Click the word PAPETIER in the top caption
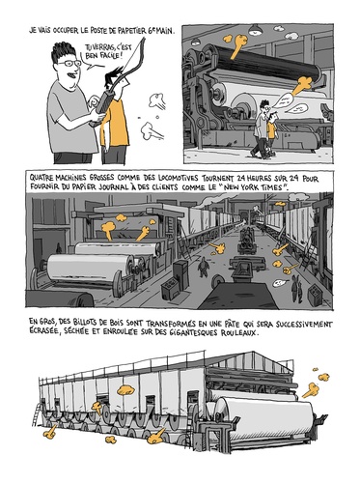127,31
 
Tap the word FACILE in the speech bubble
108,56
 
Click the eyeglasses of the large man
69,63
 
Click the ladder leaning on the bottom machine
38,414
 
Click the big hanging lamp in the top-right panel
256,30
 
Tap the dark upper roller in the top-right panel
267,64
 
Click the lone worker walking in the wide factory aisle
203,267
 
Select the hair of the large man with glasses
63,51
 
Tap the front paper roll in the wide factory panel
90,269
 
